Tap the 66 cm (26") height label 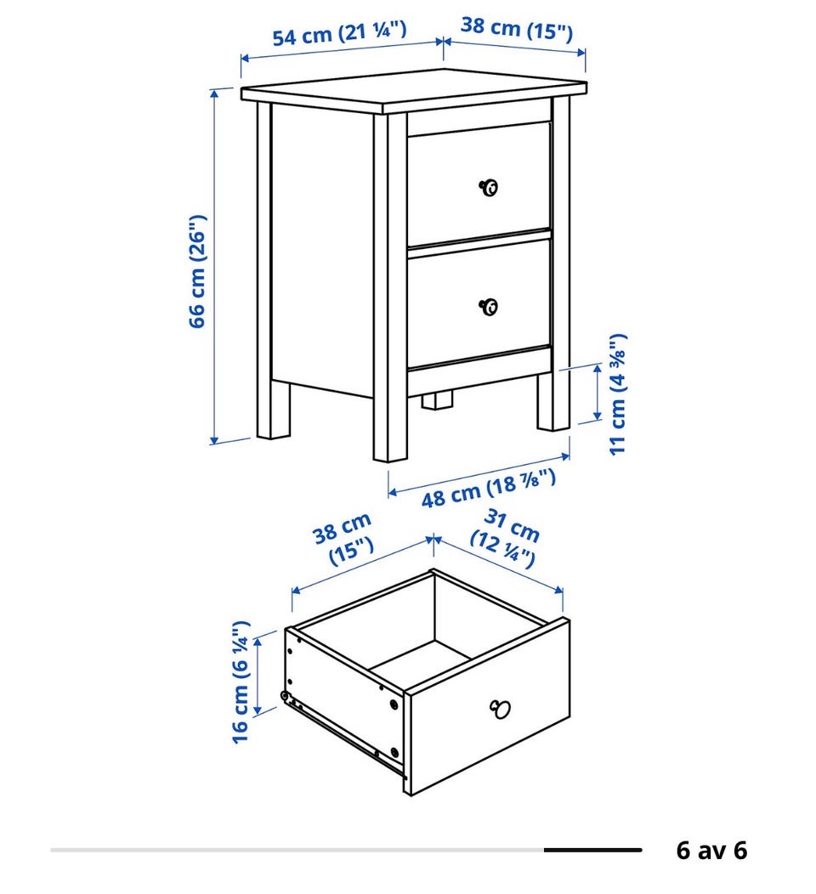point(196,271)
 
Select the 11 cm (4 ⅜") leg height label point(618,394)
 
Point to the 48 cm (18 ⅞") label point(489,488)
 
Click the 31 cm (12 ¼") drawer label point(505,538)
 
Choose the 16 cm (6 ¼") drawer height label point(241,682)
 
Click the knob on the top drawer point(489,187)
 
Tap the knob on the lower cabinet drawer point(489,307)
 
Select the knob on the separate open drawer point(500,709)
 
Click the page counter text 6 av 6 point(711,850)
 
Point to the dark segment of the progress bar point(592,850)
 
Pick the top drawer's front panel point(479,183)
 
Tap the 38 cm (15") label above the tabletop point(517,29)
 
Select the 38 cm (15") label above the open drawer point(343,539)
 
